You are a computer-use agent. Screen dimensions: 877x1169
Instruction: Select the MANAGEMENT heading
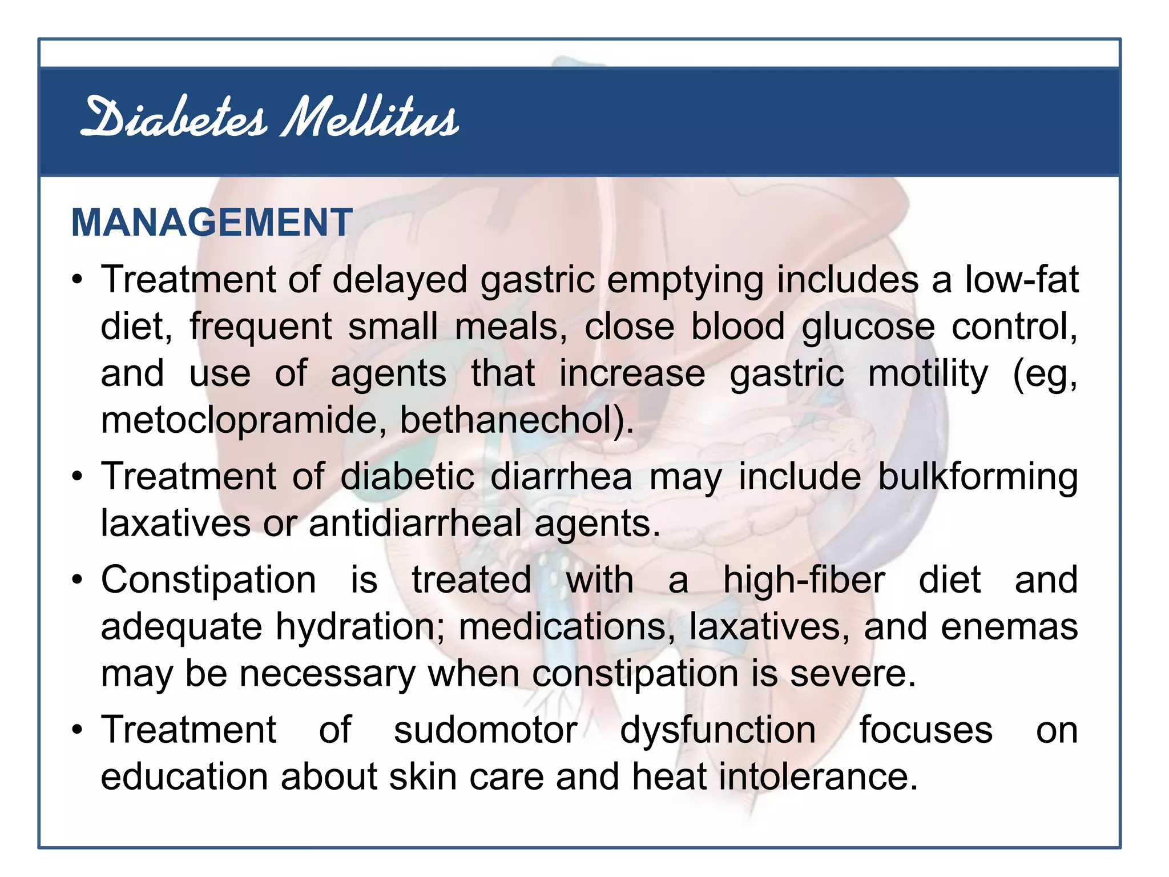point(212,222)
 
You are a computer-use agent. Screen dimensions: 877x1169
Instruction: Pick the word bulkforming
point(977,477)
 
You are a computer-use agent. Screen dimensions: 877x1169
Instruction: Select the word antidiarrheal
point(415,524)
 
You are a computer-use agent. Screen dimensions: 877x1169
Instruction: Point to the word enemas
point(1009,627)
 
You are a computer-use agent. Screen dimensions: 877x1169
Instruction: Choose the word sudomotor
point(485,730)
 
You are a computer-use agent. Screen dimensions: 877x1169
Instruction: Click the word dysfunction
point(718,730)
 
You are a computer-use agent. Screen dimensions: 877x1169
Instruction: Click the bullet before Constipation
point(78,580)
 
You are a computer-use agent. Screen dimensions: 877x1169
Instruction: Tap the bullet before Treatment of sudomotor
point(78,730)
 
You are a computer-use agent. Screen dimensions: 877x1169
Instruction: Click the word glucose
point(868,327)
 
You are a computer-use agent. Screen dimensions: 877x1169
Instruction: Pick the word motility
point(928,373)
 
